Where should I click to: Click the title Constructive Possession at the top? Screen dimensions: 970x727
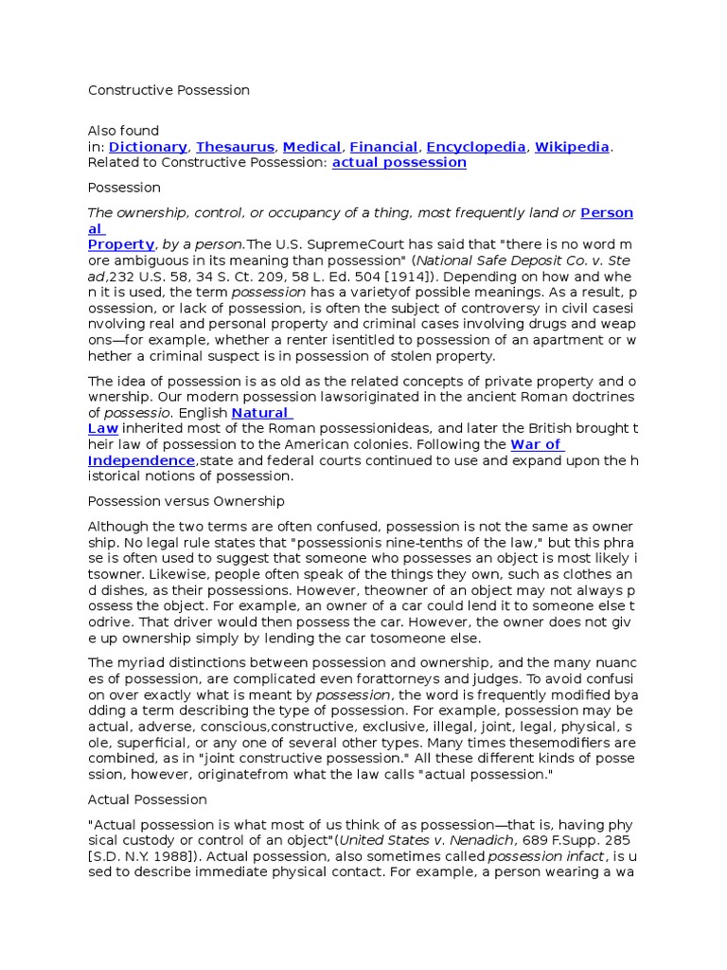click(168, 90)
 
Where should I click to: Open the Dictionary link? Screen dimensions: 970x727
click(148, 147)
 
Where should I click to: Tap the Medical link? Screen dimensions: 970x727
click(311, 147)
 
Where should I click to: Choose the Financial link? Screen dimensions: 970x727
click(383, 147)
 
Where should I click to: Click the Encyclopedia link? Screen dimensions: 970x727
click(475, 147)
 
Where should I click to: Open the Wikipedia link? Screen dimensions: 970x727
click(572, 147)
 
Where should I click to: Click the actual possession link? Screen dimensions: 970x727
click(399, 162)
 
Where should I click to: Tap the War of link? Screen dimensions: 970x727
click(536, 444)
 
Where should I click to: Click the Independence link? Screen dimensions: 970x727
click(141, 460)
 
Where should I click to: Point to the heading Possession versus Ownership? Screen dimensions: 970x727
click(186, 501)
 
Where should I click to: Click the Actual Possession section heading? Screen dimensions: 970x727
click(147, 799)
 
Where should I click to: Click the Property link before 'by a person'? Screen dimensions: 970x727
click(121, 244)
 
